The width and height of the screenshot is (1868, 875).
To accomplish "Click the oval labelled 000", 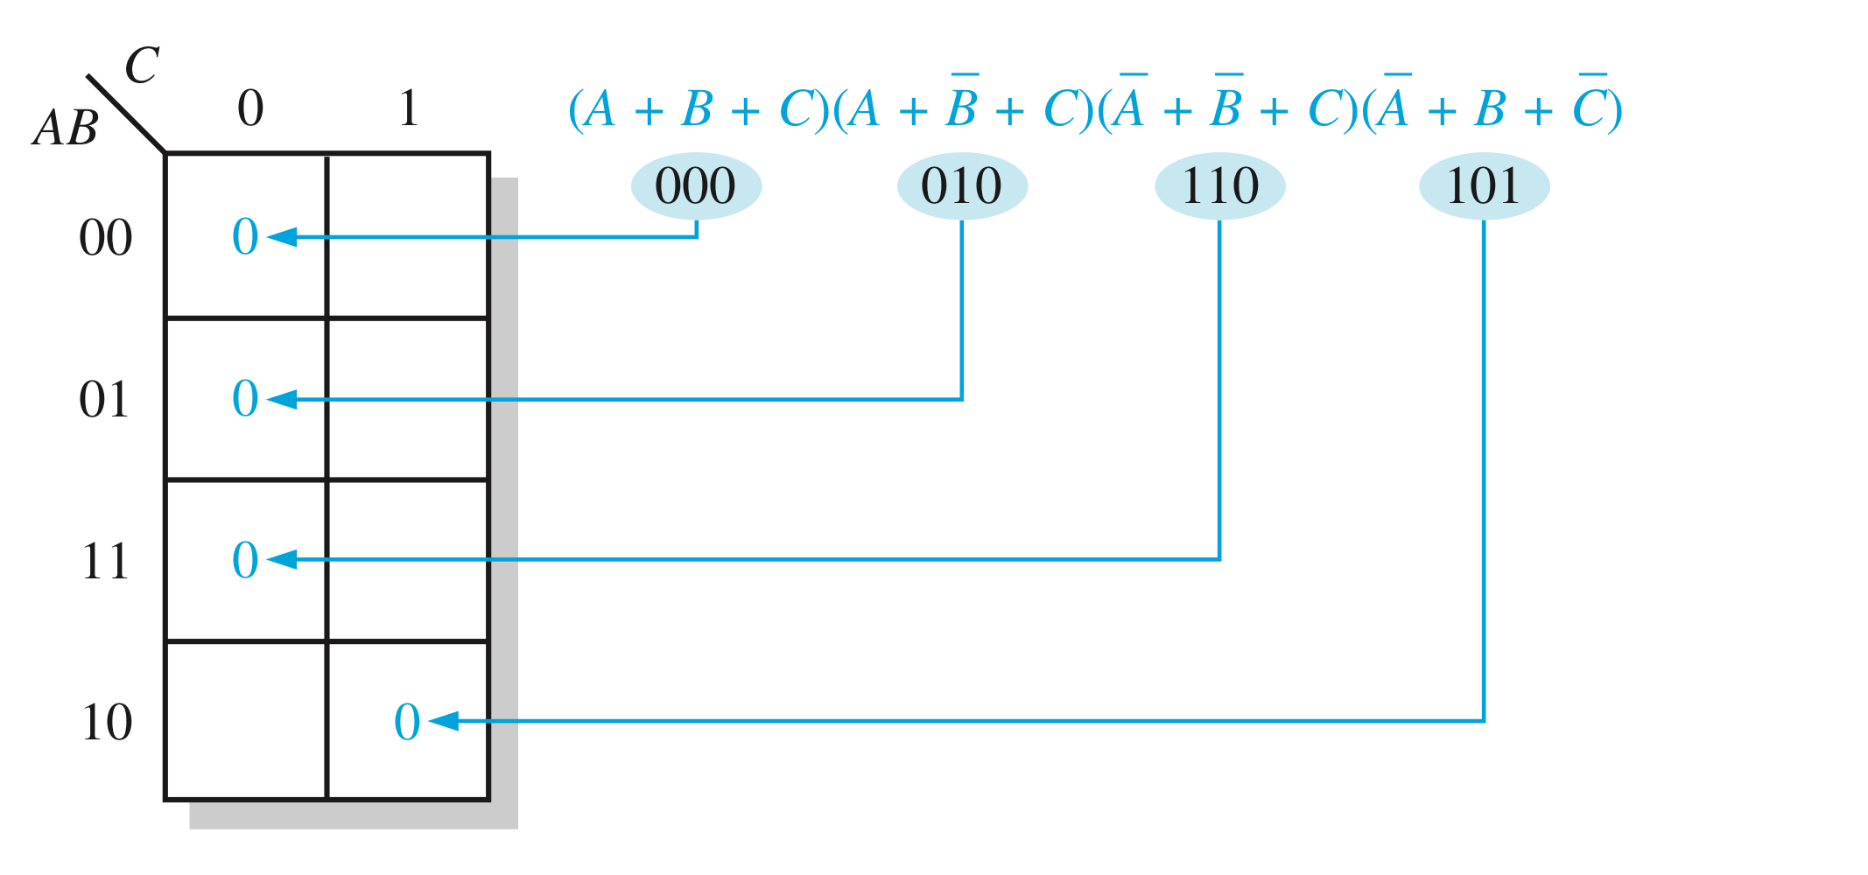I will [696, 185].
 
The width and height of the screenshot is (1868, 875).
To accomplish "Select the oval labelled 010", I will [961, 185].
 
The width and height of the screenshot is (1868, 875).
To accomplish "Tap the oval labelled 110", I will [1219, 185].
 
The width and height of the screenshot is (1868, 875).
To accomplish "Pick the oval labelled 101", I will [1484, 185].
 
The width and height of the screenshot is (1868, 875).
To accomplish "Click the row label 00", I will [106, 237].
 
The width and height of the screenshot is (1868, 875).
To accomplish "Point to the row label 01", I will [104, 399].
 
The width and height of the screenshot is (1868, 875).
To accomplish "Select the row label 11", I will [106, 560].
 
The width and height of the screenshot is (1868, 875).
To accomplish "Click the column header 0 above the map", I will [250, 108].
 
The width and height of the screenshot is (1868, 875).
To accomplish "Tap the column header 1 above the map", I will [408, 108].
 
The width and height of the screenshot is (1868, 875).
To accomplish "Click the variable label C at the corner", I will [142, 66].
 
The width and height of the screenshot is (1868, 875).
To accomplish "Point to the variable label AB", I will [66, 128].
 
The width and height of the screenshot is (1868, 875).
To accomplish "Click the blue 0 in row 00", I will [245, 236].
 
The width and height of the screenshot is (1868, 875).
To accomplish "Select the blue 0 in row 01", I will [245, 398].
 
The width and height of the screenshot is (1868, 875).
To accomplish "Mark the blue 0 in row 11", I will [245, 560].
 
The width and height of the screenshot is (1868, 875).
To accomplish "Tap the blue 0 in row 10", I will [407, 722].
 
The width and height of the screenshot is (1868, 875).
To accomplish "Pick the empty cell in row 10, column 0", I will [246, 721].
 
